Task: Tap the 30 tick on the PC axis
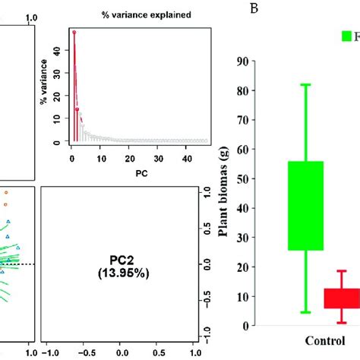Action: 158,157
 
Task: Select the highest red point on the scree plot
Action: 74,32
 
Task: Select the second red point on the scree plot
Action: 77,110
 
